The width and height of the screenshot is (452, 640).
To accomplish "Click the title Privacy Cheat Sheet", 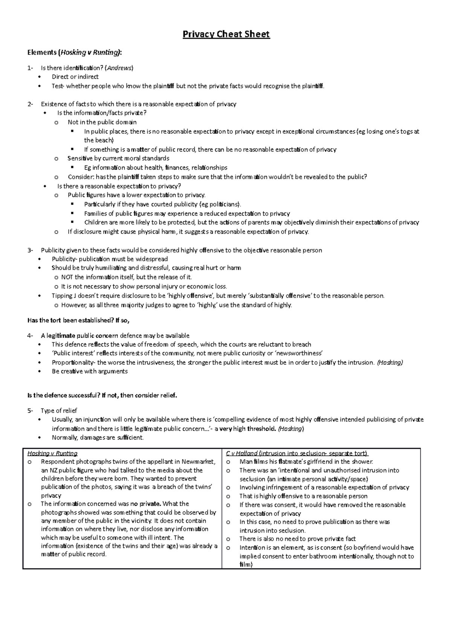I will (x=226, y=35).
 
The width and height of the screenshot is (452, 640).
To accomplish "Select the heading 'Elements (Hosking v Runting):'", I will (x=75, y=53).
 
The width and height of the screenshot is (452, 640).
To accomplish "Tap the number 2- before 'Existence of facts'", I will (x=30, y=104).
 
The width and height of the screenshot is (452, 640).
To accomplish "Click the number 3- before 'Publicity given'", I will (x=30, y=250).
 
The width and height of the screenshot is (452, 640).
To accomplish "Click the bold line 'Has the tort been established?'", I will (x=78, y=320).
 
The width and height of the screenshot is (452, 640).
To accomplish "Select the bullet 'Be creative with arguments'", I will (x=90, y=372).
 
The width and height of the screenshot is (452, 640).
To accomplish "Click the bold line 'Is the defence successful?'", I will (x=102, y=396).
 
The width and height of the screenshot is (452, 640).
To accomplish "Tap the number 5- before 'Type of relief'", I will (x=30, y=411).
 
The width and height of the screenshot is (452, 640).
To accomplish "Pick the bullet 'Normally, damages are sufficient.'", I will (x=98, y=438).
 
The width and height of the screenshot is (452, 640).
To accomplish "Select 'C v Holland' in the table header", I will (x=242, y=453).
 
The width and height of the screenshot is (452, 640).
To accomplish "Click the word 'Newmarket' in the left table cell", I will (x=198, y=462).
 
